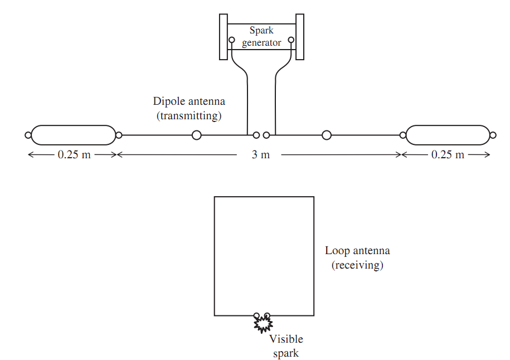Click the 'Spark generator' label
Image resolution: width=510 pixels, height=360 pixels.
[261, 36]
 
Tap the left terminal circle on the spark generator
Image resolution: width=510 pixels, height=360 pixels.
[231, 40]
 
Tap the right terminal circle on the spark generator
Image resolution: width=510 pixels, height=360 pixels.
[291, 40]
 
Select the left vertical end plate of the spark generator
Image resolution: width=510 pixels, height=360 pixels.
[224, 37]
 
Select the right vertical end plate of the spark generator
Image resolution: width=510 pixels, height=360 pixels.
[300, 37]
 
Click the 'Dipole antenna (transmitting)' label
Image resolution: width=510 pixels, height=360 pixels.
[189, 108]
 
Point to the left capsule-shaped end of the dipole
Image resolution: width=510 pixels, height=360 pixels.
[74, 135]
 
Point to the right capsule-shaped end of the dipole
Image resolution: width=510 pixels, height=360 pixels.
[448, 135]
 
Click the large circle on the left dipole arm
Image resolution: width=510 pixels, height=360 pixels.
[196, 135]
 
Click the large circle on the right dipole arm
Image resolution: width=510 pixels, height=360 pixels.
[327, 135]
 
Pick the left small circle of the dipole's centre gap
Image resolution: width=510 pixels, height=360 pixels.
[256, 135]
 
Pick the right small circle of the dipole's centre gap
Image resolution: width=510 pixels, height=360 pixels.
[266, 135]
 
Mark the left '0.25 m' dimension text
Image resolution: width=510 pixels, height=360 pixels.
[74, 154]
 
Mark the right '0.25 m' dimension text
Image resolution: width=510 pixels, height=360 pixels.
[448, 154]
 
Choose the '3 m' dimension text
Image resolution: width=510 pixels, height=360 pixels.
[261, 154]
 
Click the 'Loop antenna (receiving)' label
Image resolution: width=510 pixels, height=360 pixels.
[357, 257]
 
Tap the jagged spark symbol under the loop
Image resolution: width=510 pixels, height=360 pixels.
[263, 324]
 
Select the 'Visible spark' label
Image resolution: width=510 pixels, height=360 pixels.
[286, 346]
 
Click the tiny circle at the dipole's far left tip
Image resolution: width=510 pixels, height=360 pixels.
[28, 135]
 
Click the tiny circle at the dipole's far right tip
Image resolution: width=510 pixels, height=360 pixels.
[493, 135]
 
